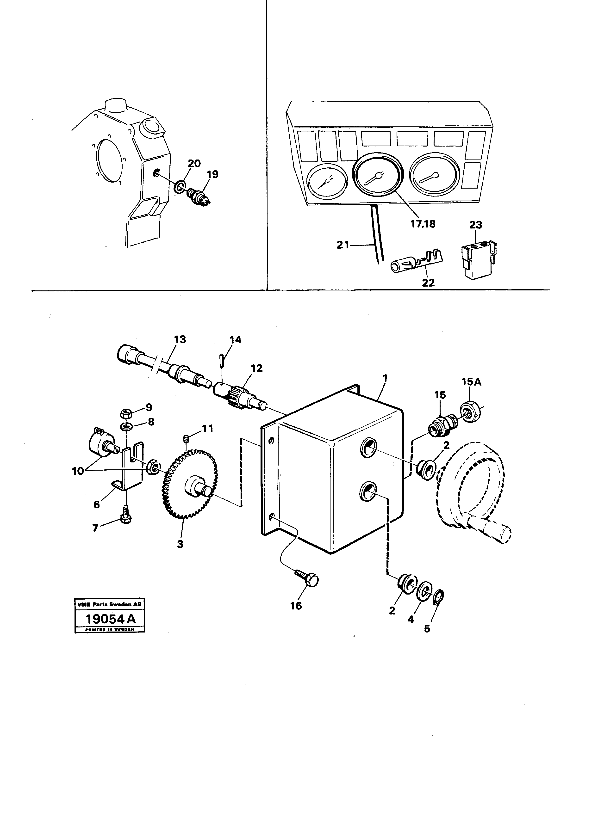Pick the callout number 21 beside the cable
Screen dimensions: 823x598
coord(343,245)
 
